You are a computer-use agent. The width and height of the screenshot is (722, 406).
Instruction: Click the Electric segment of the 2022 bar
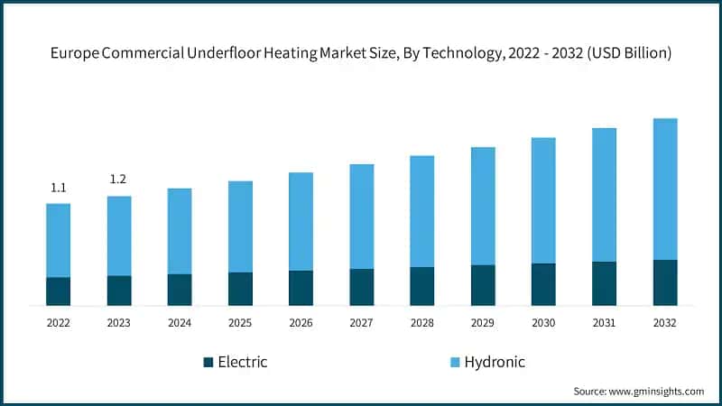click(x=58, y=291)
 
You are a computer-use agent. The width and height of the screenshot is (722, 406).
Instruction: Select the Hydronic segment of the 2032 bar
click(x=665, y=189)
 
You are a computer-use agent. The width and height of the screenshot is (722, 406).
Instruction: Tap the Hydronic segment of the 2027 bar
click(x=362, y=217)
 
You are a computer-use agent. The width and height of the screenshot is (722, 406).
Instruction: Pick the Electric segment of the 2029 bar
click(x=483, y=285)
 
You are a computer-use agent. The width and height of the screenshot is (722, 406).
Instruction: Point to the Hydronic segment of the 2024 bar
click(x=180, y=231)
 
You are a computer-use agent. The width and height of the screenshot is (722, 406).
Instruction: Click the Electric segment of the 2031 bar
click(x=604, y=283)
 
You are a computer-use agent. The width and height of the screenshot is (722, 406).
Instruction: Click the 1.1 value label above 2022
click(x=58, y=188)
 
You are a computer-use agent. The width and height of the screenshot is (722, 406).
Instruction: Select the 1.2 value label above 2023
click(x=118, y=180)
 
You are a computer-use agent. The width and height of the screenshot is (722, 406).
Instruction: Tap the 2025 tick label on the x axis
click(x=240, y=322)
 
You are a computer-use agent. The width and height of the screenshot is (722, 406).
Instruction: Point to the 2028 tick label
click(x=422, y=322)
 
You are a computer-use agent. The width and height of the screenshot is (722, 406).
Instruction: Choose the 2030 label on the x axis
click(x=543, y=322)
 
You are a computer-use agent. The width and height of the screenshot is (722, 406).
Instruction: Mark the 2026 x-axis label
click(x=301, y=322)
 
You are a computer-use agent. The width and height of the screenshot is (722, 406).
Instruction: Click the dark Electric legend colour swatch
click(x=208, y=362)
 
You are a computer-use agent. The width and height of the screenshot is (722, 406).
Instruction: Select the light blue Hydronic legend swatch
click(x=455, y=362)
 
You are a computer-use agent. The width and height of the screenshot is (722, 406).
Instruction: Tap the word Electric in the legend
click(x=243, y=362)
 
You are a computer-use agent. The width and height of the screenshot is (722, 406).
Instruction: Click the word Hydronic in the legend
click(x=495, y=362)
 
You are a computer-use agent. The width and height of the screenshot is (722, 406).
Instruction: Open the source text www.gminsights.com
click(x=658, y=391)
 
